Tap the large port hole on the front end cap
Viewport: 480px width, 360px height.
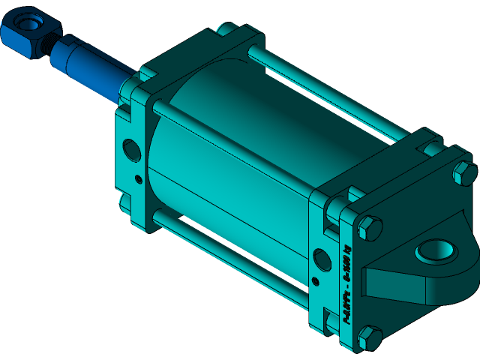pyautogui.click(x=131, y=149)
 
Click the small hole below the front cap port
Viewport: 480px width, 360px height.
pyautogui.click(x=138, y=178)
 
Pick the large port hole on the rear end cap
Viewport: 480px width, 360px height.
pyautogui.click(x=320, y=259)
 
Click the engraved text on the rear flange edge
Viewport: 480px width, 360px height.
pyautogui.click(x=347, y=285)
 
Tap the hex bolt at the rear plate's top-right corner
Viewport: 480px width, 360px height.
pyautogui.click(x=463, y=172)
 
